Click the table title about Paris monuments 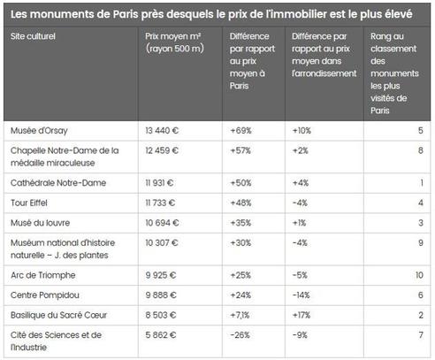pos(211,14)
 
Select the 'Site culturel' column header pos(33,36)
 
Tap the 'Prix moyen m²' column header pos(174,42)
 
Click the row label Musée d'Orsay pos(39,131)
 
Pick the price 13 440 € pos(162,130)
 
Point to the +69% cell pos(240,130)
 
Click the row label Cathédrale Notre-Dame pos(58,183)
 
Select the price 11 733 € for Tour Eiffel pos(160,203)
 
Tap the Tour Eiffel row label pos(29,203)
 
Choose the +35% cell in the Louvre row pos(240,223)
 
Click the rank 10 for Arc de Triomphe pos(419,275)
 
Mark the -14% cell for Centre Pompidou pos(301,295)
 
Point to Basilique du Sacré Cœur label pos(58,315)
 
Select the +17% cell pos(301,315)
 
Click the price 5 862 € pos(161,335)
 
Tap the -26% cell pos(240,335)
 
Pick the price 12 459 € pos(162,150)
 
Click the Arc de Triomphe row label pos(43,275)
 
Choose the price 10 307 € pos(162,242)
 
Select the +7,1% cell pos(240,315)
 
